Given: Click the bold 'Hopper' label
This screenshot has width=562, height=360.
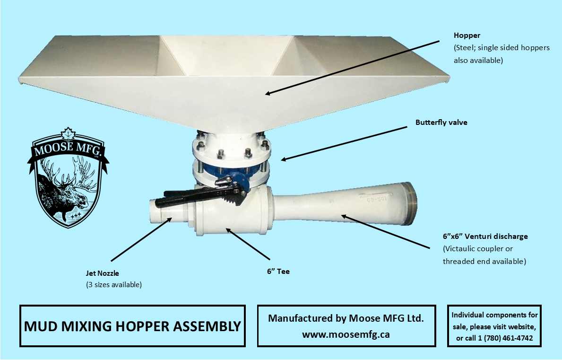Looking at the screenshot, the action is point(467,35).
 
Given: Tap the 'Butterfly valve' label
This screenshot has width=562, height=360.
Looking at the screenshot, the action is point(441,122).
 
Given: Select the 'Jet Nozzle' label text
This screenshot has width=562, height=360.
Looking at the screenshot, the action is point(102,273).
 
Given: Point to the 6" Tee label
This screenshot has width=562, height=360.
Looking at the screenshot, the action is point(278,272).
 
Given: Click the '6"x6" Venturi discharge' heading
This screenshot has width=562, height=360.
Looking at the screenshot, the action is point(485,237).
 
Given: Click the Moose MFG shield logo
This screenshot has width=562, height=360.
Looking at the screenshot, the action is point(68,177).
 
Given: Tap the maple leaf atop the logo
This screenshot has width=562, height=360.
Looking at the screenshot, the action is point(67,134).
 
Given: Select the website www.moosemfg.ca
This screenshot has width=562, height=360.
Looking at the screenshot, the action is point(346,334).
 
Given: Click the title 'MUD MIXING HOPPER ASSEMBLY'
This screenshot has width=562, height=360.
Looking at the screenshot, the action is point(132,326).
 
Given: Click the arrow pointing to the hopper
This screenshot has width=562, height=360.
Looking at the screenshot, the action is point(352,68).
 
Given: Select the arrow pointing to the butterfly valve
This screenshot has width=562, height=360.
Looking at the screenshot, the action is point(344,143).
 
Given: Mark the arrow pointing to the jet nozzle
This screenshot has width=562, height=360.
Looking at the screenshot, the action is point(142,239).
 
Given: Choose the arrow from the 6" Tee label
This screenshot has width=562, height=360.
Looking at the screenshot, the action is point(248,244).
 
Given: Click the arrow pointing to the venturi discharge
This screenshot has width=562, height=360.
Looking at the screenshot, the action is point(385,231).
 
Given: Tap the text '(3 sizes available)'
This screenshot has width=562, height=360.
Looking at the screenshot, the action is point(113,285).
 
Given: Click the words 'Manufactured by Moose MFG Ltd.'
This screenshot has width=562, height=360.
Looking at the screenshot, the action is point(346,318).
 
